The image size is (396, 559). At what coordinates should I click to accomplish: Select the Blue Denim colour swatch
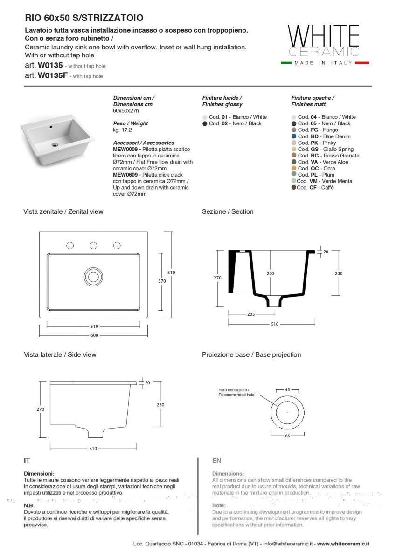pyautogui.click(x=294, y=136)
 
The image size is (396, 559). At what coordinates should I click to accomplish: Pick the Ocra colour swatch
pyautogui.click(x=294, y=168)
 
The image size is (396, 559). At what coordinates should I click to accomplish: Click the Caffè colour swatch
pyautogui.click(x=294, y=188)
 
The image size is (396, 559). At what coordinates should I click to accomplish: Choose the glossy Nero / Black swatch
pyautogui.click(x=205, y=123)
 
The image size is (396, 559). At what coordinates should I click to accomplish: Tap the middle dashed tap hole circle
pyautogui.click(x=93, y=245)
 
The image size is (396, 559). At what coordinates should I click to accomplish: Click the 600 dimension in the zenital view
pyautogui.click(x=94, y=335)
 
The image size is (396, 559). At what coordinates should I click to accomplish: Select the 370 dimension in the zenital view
pyautogui.click(x=161, y=281)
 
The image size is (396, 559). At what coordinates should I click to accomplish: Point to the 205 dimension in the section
pyautogui.click(x=251, y=314)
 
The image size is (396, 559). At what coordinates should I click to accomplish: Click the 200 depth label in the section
pyautogui.click(x=271, y=273)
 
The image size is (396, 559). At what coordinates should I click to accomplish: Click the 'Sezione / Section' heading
pyautogui.click(x=228, y=211)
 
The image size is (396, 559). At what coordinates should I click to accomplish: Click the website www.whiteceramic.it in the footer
pyautogui.click(x=343, y=544)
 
